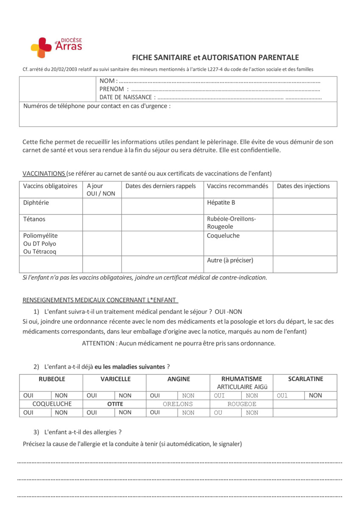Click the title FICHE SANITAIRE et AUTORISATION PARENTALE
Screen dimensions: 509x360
pos(215,58)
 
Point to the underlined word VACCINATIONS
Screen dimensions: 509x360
pos(44,173)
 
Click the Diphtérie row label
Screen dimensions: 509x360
pos(36,203)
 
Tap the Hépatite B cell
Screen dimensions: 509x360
pos(221,203)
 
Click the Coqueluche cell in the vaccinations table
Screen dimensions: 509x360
pos(223,236)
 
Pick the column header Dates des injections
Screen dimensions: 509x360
pos(303,186)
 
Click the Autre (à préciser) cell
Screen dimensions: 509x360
pos(230,260)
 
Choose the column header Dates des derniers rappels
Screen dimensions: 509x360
pos(160,186)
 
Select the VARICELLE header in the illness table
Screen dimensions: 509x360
pos(115,379)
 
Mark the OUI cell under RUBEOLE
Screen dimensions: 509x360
pos(28,395)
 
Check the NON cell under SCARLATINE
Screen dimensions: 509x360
pos(315,395)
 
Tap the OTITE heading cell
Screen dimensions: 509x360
pos(115,404)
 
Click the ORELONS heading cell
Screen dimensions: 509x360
pos(178,404)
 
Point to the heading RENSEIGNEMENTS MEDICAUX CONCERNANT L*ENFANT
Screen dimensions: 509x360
pos(100,300)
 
